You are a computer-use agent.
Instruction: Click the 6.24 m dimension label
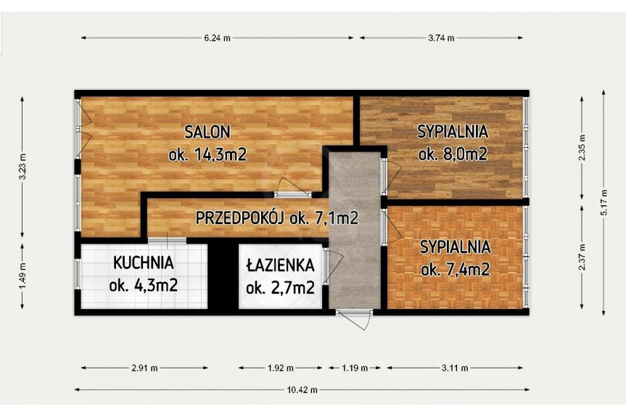pyautogui.click(x=217, y=38)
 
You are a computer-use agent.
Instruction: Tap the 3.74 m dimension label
pyautogui.click(x=441, y=38)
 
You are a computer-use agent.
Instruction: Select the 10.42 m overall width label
pyautogui.click(x=302, y=390)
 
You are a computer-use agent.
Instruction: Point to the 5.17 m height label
pyautogui.click(x=604, y=203)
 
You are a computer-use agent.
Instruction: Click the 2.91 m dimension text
pyautogui.click(x=144, y=368)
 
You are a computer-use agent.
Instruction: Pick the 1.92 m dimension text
pyautogui.click(x=280, y=368)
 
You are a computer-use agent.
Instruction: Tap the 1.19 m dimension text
pyautogui.click(x=355, y=368)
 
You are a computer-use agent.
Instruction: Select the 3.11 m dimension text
pyautogui.click(x=455, y=368)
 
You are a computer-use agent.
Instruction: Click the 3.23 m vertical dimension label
pyautogui.click(x=22, y=166)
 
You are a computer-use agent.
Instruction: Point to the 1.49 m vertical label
pyautogui.click(x=22, y=276)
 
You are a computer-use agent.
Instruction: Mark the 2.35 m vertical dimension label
pyautogui.click(x=582, y=148)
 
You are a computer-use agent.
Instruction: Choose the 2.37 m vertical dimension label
pyautogui.click(x=582, y=257)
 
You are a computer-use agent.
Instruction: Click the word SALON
pyautogui.click(x=207, y=132)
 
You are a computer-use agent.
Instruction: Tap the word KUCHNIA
pyautogui.click(x=144, y=263)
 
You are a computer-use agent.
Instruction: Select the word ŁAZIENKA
pyautogui.click(x=280, y=265)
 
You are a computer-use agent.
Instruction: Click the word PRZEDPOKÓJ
pyautogui.click(x=239, y=218)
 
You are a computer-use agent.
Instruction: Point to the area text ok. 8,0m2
pyautogui.click(x=453, y=154)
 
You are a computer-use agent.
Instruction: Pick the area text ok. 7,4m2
pyautogui.click(x=455, y=271)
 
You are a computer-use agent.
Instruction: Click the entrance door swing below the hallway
pyautogui.click(x=354, y=321)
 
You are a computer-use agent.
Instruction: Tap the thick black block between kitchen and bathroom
pyautogui.click(x=223, y=276)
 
